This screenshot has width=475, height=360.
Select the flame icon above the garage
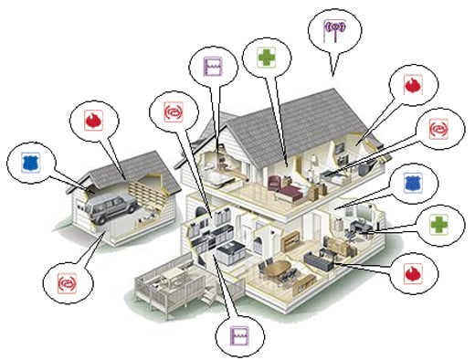coord(92,122)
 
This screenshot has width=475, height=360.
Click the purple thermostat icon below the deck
coord(239,334)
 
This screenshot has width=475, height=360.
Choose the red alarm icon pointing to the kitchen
coord(173,111)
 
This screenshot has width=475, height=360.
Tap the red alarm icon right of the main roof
coord(440,128)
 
